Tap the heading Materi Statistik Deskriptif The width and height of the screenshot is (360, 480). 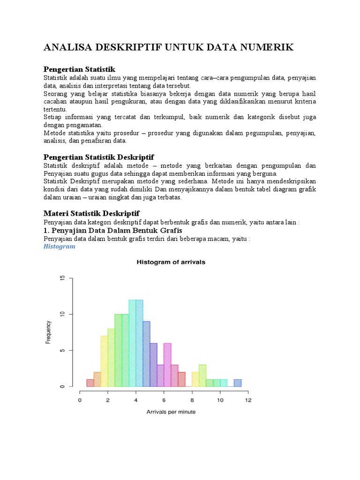(x=91, y=213)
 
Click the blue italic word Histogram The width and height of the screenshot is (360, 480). (x=60, y=246)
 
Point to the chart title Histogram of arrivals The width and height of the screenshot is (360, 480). (x=171, y=262)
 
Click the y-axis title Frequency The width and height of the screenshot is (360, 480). (x=48, y=332)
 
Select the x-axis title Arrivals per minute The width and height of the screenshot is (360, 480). (x=171, y=412)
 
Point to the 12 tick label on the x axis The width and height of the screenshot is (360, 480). (x=248, y=400)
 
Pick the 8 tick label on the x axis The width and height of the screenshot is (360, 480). (x=192, y=400)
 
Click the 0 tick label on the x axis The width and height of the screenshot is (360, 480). (x=80, y=400)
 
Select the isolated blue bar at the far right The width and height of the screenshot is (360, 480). (x=238, y=383)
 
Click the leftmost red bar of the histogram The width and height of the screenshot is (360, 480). (x=90, y=383)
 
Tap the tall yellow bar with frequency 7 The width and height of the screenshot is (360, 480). (x=104, y=361)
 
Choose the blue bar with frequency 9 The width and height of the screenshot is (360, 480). (x=146, y=354)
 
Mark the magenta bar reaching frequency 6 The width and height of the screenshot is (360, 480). (x=167, y=365)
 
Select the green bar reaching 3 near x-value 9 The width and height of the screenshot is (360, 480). (x=202, y=375)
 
